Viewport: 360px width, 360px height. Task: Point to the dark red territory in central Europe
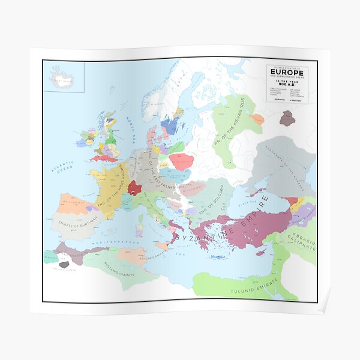click(135, 189)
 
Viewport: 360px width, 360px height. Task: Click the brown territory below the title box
click(287, 118)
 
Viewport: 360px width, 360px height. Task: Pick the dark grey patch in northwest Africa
click(64, 263)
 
